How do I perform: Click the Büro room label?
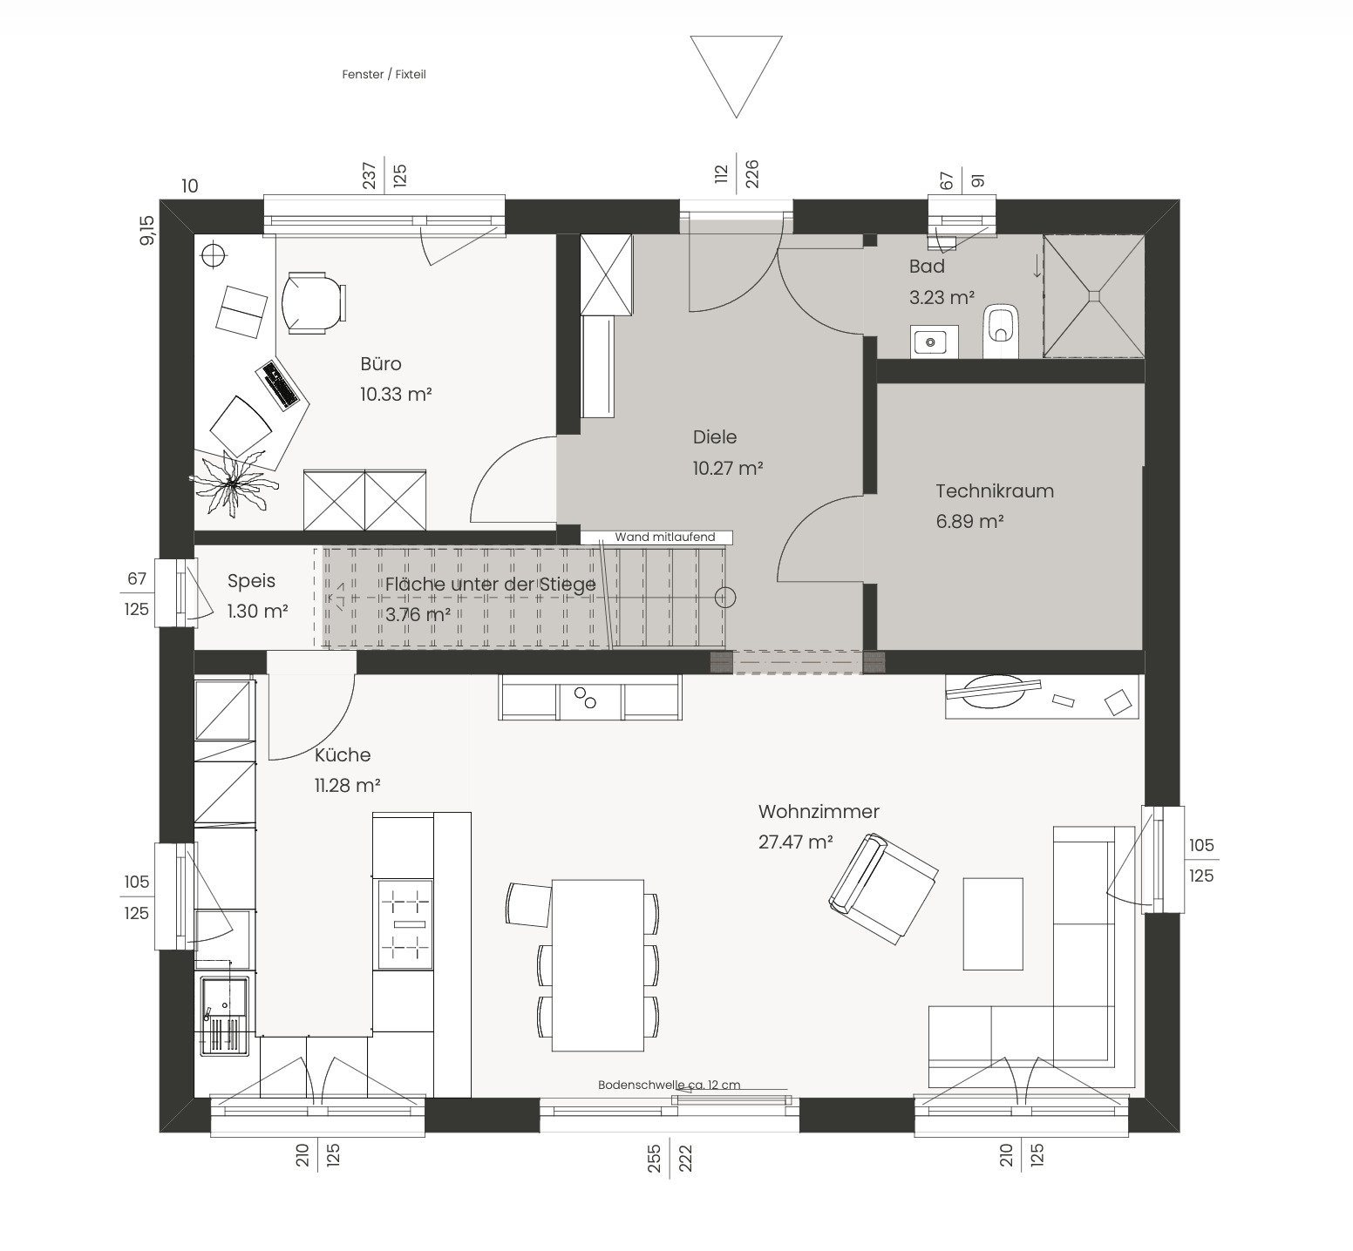point(380,363)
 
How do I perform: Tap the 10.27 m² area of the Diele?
point(728,468)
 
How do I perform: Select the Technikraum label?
point(995,490)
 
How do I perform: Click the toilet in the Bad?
point(1001,332)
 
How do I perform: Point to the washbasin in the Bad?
point(935,341)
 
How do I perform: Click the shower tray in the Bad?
point(1093,295)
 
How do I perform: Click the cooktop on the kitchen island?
point(403,923)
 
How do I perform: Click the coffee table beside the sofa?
point(993,923)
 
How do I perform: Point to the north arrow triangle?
point(737,76)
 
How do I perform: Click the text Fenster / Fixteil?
point(384,75)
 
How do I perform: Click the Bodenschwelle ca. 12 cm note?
point(669,1085)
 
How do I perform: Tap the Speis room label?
point(251,581)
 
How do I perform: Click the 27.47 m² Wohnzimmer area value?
point(795,842)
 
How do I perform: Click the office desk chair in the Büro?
point(313,302)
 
